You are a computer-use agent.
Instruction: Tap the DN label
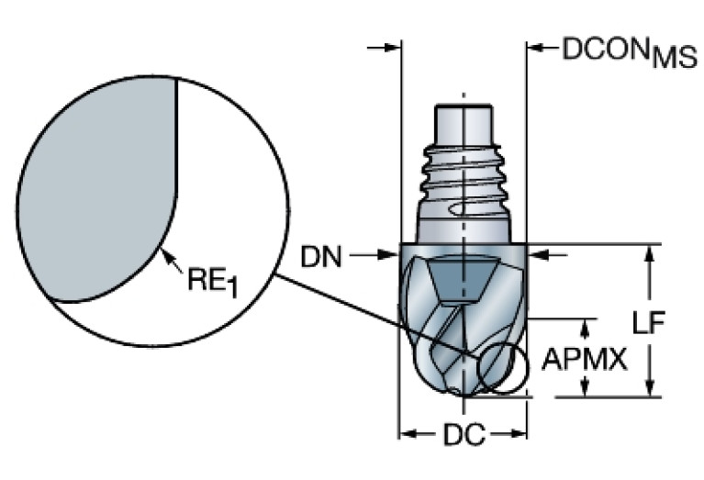[x=321, y=258]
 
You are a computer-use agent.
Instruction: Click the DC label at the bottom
[x=464, y=436]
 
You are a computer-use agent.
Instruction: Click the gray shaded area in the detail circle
[x=92, y=184]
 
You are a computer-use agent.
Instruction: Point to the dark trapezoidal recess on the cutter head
[x=459, y=275]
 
